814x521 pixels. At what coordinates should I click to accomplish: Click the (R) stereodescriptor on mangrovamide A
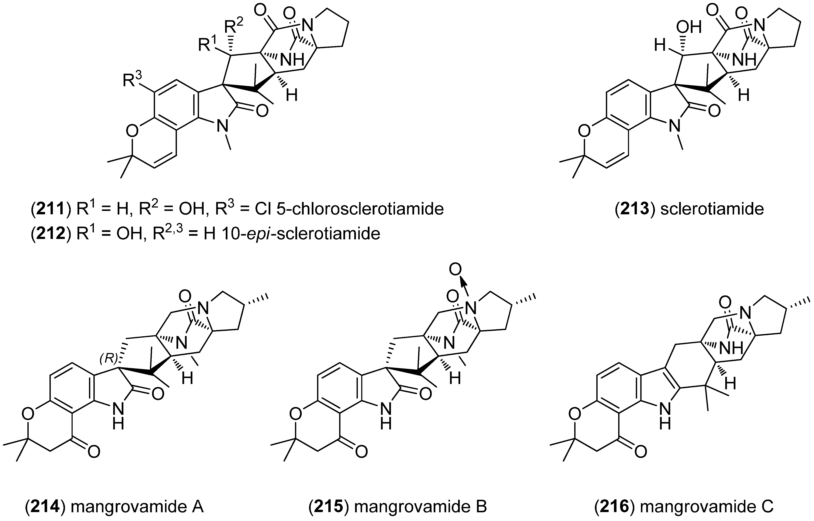(108, 359)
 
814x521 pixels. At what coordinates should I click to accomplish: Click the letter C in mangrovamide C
(767, 507)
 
